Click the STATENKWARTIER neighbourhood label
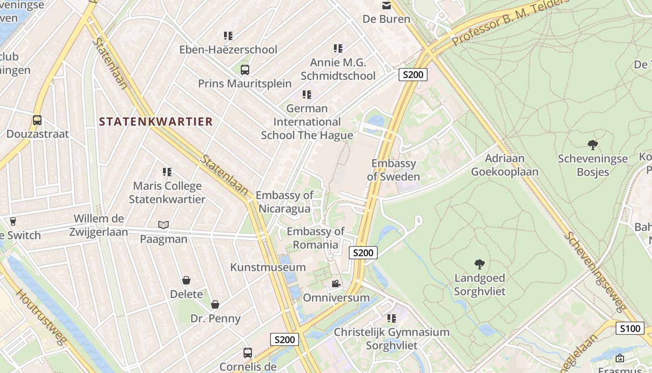(156, 122)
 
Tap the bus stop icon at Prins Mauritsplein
(245, 70)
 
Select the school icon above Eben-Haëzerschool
(228, 35)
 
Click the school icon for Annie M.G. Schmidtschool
(338, 48)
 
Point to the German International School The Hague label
(307, 122)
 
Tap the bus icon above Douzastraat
(37, 120)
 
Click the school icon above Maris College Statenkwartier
(167, 172)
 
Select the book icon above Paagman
(163, 225)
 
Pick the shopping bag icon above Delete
(186, 280)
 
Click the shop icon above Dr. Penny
(215, 305)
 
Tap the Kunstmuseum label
(268, 267)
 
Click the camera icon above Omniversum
(336, 283)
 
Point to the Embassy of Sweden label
(394, 170)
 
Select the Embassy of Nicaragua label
(285, 201)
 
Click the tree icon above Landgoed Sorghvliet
(480, 264)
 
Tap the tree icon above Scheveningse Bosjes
(593, 145)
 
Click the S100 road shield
(630, 328)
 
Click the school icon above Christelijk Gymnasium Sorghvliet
(392, 318)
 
